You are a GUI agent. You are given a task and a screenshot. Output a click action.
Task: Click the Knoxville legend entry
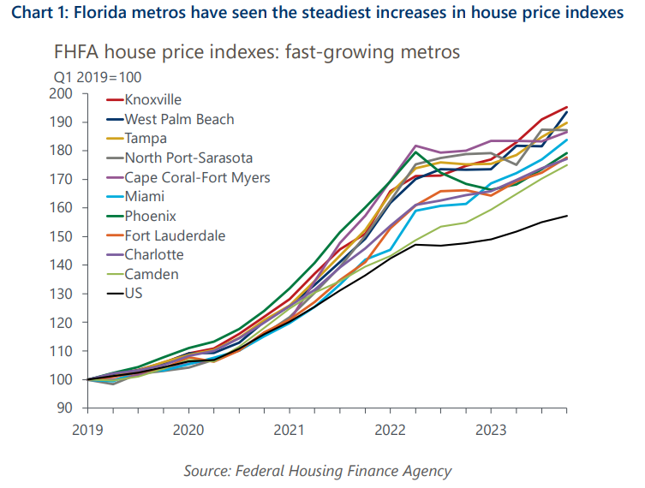pos(152,100)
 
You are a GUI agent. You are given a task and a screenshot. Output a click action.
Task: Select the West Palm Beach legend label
pos(179,119)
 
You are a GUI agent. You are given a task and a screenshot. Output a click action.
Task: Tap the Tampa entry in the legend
pos(146,139)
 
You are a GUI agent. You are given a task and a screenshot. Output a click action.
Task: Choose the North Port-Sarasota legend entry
pos(188,158)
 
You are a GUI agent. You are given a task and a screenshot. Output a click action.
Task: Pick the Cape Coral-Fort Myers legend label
pos(198,177)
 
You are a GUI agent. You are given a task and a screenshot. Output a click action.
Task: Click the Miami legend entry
pos(144,197)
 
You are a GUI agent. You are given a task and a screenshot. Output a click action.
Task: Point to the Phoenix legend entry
pos(149,216)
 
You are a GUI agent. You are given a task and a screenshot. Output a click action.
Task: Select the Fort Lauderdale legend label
pos(175,235)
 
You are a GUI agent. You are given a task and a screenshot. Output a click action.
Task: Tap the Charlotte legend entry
pos(153,254)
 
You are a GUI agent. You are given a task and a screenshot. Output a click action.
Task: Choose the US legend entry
pos(134,293)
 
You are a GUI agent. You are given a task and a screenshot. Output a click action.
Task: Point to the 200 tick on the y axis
pos(66,93)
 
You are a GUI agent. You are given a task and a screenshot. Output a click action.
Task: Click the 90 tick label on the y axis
pos(69,408)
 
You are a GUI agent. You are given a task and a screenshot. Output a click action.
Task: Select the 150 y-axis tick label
pos(66,236)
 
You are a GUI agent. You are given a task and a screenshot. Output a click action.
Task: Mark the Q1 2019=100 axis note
pos(89,75)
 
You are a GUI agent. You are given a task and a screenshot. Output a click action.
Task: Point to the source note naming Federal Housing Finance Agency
pos(317,471)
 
